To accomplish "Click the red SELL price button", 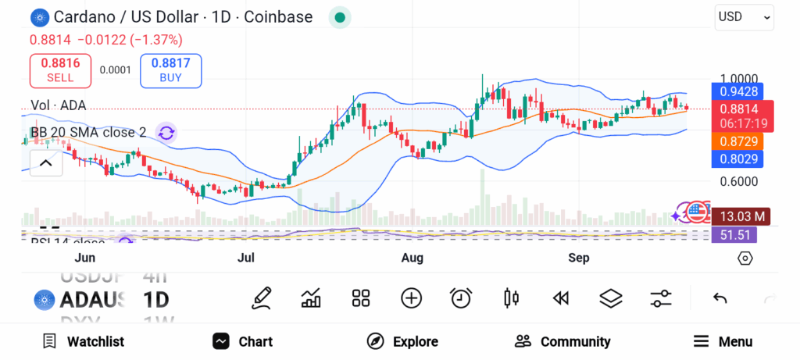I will tap(60, 70).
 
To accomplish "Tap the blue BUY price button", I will tap(170, 70).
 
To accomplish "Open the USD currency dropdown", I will tap(744, 16).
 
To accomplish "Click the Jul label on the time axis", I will tap(246, 258).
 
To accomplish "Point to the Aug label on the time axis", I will tap(412, 258).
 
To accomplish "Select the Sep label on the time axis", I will tap(578, 258).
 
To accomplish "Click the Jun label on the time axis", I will tap(84, 258).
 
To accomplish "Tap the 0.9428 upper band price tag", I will tap(736, 91).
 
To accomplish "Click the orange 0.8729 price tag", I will tap(736, 141).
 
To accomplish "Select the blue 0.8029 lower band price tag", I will tap(736, 159).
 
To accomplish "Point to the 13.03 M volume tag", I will tap(741, 216).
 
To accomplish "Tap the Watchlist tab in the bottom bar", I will tap(84, 341).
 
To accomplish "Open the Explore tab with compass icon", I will tap(402, 341).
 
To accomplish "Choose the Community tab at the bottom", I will tap(562, 341).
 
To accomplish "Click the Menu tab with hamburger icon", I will tap(723, 341).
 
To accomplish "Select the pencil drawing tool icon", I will tap(262, 298).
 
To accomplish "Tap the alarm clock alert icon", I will tap(461, 298).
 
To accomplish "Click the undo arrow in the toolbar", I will tap(720, 298).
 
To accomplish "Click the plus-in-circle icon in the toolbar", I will tap(411, 298).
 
